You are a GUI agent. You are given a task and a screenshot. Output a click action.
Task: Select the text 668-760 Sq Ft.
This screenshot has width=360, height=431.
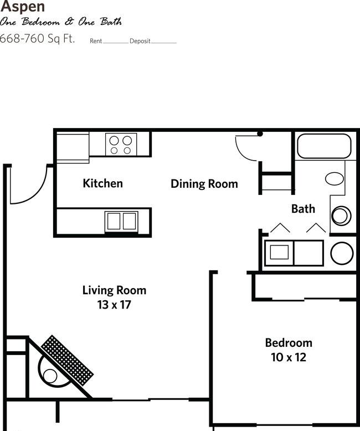37,39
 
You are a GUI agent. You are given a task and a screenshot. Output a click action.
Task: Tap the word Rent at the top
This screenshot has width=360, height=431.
95,41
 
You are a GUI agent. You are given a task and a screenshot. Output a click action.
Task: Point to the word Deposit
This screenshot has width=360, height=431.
140,41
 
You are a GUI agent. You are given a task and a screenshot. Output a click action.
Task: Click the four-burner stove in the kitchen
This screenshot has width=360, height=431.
121,145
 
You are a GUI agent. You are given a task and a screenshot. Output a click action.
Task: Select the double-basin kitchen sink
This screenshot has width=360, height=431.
121,220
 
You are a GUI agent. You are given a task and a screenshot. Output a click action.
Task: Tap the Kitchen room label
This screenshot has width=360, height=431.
102,183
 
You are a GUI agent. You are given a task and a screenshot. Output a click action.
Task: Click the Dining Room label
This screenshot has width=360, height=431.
204,183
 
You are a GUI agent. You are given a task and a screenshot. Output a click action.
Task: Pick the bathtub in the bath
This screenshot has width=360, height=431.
324,147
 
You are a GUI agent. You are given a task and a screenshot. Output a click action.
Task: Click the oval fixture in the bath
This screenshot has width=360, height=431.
334,178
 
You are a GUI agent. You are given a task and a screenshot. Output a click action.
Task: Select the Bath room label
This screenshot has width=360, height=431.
303,208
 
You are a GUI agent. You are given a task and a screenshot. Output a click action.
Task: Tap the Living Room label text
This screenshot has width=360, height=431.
114,290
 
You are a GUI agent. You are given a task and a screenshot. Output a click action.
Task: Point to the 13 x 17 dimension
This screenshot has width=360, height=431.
114,304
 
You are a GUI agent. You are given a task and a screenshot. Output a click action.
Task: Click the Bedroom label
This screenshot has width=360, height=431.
288,342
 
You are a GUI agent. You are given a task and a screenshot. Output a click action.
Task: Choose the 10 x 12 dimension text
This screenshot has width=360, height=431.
288,357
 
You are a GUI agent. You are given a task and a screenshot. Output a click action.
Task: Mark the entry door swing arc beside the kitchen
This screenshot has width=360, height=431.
30,186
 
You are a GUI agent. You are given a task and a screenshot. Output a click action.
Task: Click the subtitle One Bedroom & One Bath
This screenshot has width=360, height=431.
61,22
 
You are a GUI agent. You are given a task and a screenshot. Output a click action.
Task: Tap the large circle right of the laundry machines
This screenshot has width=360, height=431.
342,253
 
